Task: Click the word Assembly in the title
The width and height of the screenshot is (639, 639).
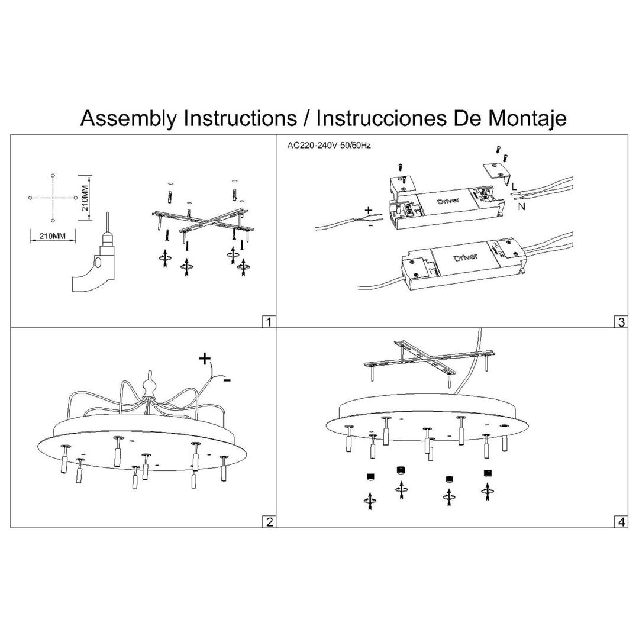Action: click(x=128, y=118)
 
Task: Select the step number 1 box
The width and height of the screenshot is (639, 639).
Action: click(x=269, y=322)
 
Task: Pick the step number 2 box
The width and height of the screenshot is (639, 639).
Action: click(x=269, y=521)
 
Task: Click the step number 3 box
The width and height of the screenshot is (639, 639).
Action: click(x=621, y=322)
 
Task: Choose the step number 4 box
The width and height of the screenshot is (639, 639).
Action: click(x=621, y=521)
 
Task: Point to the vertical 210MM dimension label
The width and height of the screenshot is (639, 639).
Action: click(x=85, y=198)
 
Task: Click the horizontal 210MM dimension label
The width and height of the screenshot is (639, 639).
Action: click(x=53, y=236)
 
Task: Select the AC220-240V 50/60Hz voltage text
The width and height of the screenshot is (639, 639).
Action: click(x=328, y=145)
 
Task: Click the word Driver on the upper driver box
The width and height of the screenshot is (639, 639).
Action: click(x=448, y=200)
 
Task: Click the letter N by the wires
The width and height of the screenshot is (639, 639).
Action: click(x=521, y=206)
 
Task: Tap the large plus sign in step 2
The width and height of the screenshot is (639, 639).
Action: click(x=204, y=359)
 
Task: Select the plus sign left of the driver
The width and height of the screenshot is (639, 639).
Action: click(x=369, y=210)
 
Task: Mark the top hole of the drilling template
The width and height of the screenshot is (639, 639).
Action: click(x=53, y=176)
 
